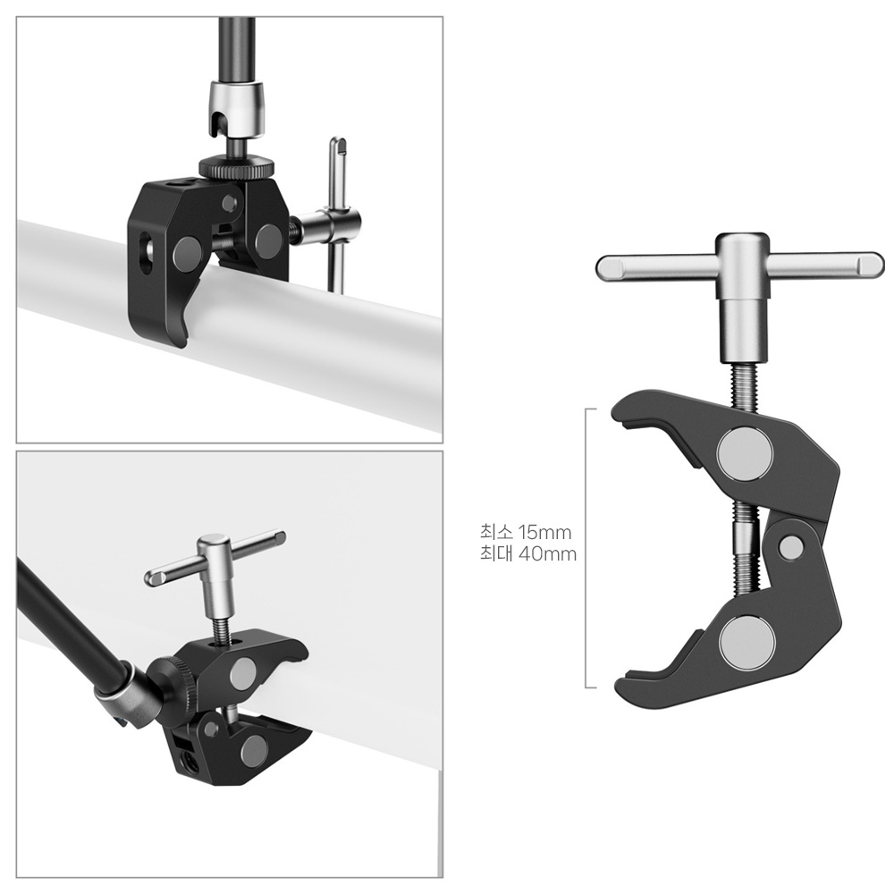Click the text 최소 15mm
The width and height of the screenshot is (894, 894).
point(525,532)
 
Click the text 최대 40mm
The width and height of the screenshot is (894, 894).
point(528,553)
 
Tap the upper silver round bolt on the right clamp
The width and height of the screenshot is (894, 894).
point(746,454)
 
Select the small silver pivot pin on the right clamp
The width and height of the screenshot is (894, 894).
point(790,547)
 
